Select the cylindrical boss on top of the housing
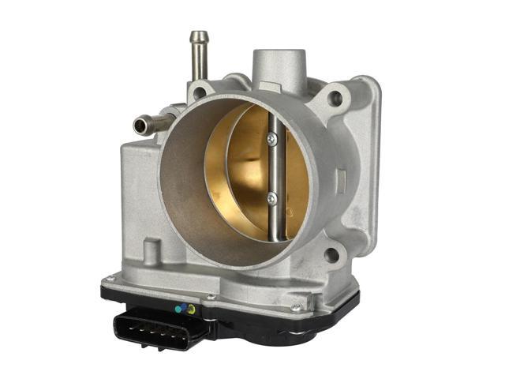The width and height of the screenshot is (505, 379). coord(278,68)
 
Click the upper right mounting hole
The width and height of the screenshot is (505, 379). coord(335,99)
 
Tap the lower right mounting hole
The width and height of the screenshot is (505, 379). coord(332,254)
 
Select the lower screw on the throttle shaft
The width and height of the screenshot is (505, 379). coord(271,197)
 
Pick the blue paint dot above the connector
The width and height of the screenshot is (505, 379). coord(181,309)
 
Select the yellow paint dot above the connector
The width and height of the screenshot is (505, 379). coord(189,310)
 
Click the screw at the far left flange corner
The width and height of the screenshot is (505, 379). coord(110,278)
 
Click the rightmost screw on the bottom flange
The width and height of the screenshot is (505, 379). coord(295,306)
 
